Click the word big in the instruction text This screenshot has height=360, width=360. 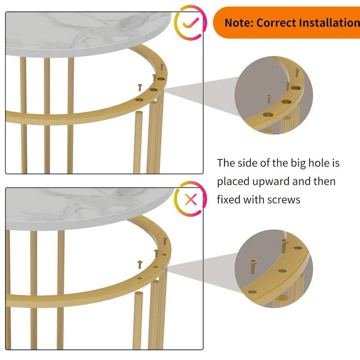(294, 163)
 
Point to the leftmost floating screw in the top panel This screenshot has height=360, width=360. (139, 87)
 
